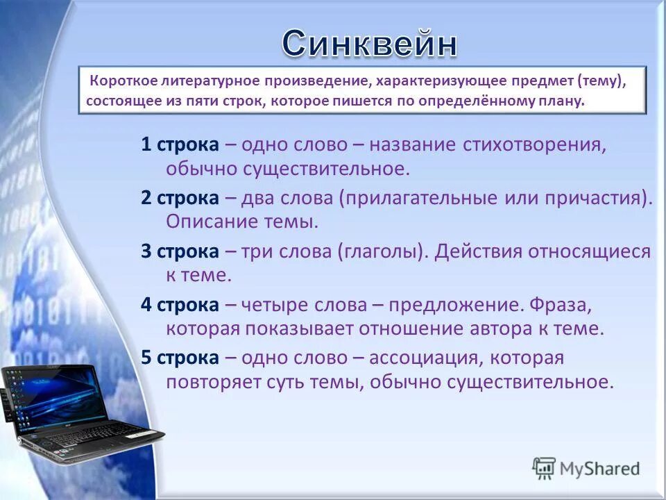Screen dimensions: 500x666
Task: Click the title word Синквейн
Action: [x=370, y=44]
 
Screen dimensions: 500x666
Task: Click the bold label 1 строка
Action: [x=180, y=144]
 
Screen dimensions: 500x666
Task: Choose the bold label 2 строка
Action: [x=180, y=198]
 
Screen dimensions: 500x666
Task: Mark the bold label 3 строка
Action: [x=180, y=251]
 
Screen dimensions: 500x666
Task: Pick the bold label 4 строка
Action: [x=180, y=305]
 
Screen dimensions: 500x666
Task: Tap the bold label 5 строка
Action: [x=180, y=358]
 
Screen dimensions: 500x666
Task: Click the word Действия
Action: [x=478, y=251]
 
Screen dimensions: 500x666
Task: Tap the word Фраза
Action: [x=561, y=305]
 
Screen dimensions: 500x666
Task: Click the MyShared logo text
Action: [x=599, y=469]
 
